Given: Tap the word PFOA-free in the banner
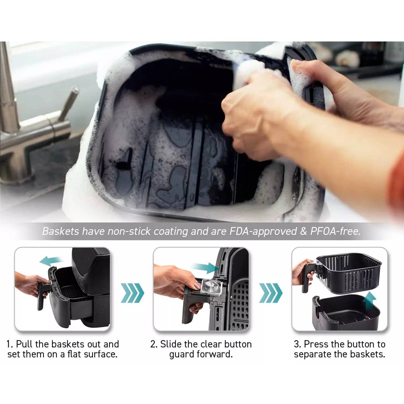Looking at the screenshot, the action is pyautogui.click(x=335, y=231).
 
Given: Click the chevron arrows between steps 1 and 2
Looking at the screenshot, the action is pyautogui.click(x=132, y=293).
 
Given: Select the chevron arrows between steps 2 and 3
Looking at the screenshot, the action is pyautogui.click(x=270, y=293).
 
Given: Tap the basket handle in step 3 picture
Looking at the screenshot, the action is pyautogui.click(x=308, y=277).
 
